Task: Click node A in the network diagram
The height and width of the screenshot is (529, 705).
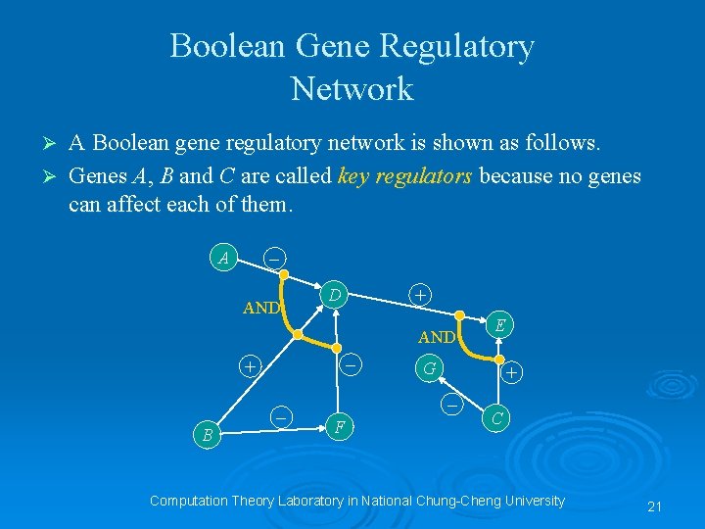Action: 225,260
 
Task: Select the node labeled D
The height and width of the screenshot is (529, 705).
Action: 335,294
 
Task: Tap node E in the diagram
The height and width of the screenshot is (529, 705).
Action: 499,325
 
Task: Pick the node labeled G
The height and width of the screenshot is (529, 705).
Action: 427,369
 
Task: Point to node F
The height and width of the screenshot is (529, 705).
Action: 338,427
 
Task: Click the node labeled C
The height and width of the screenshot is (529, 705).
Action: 496,418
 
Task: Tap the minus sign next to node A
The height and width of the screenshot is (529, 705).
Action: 275,259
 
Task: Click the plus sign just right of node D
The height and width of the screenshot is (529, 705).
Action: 419,293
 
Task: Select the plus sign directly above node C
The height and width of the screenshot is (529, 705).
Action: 512,372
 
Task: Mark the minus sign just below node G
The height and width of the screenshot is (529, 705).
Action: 451,404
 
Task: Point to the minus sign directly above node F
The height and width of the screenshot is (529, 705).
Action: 350,364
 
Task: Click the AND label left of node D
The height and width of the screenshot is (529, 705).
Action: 261,308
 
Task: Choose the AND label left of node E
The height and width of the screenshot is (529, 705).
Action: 436,338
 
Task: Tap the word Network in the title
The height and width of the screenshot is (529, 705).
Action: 352,89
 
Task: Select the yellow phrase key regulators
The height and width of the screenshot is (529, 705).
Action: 404,176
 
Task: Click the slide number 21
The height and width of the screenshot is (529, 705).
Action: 655,506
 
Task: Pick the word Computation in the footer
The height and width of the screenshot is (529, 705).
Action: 187,501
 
